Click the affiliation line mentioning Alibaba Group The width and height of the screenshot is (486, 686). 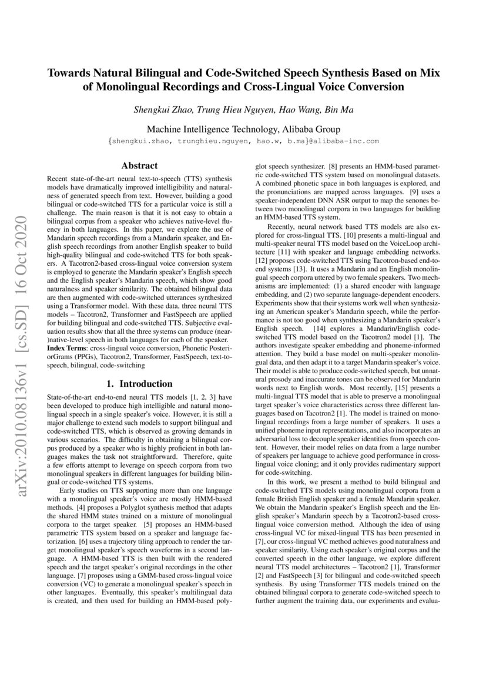pos(243,129)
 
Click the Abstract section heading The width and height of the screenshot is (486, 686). pos(139,166)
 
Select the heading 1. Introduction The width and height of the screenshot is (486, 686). pos(139,384)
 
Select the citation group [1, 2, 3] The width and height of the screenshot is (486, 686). pos(199,398)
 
